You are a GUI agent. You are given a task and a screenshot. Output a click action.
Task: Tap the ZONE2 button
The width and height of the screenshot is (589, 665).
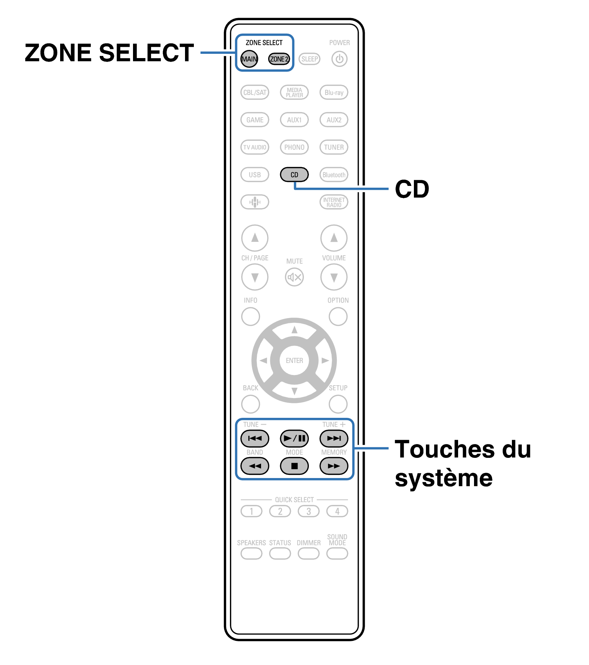point(279,59)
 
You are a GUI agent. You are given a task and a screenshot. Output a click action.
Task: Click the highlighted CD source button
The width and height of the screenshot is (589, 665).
point(294,175)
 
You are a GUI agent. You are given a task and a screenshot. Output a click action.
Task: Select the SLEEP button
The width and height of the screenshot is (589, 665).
point(310,59)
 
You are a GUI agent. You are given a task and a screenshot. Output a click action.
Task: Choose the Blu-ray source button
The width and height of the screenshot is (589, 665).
point(334,92)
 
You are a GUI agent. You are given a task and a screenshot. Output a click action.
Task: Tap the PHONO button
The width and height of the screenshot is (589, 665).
point(294,147)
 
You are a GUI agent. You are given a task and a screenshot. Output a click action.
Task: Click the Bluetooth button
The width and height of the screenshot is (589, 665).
point(334,175)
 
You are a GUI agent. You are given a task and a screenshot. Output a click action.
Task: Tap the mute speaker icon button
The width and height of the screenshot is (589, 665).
point(294,277)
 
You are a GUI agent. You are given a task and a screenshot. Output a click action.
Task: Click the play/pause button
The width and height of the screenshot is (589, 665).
point(294,438)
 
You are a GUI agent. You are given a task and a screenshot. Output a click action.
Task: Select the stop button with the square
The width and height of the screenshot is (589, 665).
point(294,466)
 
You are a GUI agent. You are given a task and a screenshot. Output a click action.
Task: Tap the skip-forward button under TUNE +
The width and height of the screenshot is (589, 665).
point(334,438)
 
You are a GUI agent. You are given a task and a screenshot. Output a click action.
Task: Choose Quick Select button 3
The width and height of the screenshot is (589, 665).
point(308,511)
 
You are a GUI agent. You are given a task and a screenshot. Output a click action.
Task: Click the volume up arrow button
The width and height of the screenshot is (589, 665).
point(334,238)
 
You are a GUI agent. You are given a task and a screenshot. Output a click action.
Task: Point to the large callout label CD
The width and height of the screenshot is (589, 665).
point(412,189)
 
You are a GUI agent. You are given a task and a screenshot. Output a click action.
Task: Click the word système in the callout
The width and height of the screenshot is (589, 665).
point(444,478)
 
